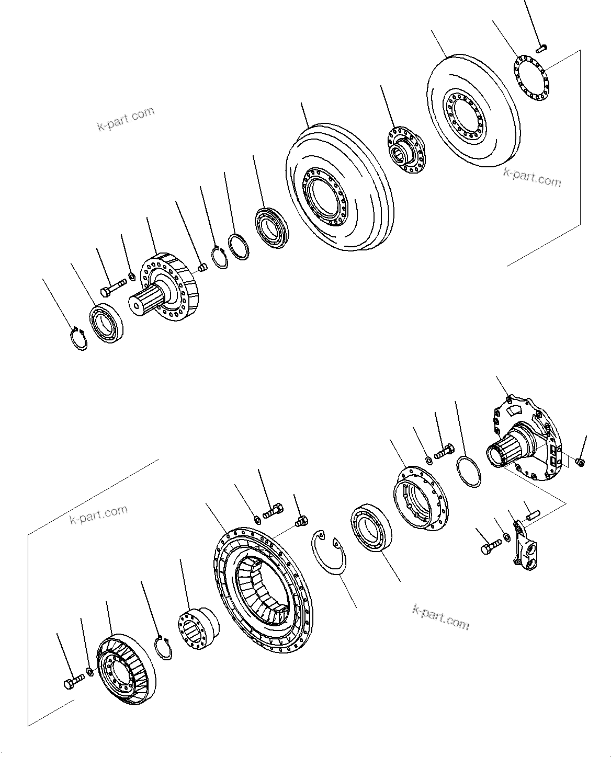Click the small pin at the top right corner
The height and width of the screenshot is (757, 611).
click(x=541, y=48)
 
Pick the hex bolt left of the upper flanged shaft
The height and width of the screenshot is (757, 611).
click(x=112, y=286)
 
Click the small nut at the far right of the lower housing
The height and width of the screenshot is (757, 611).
click(x=579, y=462)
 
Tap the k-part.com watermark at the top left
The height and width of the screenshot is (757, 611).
click(x=126, y=119)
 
